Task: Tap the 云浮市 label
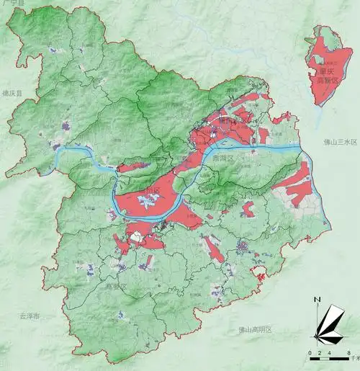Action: coord(30,316)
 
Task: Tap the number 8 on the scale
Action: coord(348,352)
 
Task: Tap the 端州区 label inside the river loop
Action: coord(153,191)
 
